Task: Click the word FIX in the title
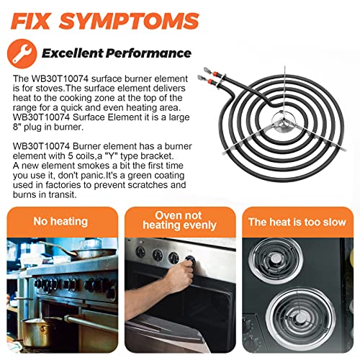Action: (x=31, y=21)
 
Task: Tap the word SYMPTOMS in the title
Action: (x=129, y=21)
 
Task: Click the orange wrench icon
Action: (x=22, y=53)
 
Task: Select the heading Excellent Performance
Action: (x=117, y=53)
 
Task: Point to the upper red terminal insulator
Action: (x=215, y=73)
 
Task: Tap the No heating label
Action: (x=60, y=221)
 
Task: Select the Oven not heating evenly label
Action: (x=179, y=220)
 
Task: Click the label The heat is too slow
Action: (x=297, y=222)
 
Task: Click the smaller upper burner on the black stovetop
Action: (x=275, y=261)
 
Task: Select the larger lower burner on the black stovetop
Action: (x=301, y=318)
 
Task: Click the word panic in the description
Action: (x=92, y=176)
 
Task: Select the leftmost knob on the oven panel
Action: (x=140, y=252)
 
